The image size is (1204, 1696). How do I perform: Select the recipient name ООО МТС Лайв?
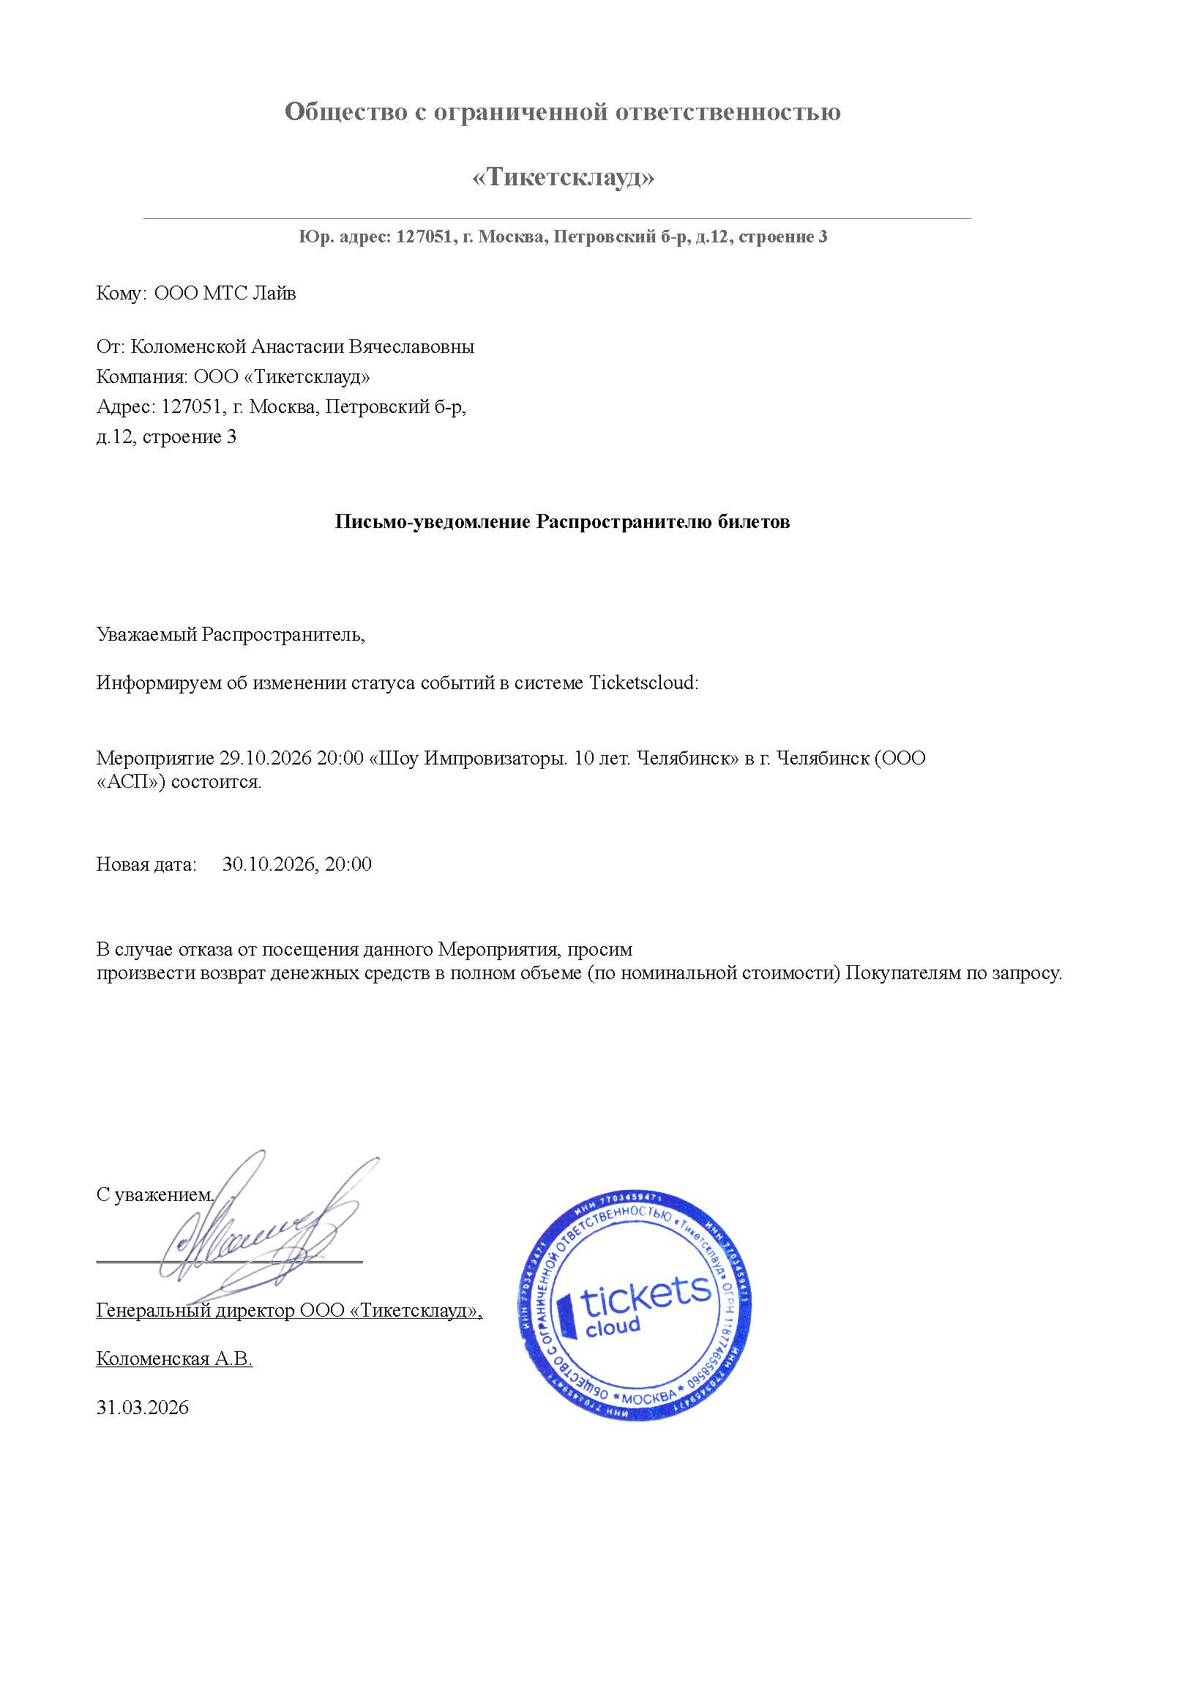point(225,294)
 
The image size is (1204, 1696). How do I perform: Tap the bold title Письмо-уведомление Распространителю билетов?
point(562,522)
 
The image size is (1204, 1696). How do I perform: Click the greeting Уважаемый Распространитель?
point(231,634)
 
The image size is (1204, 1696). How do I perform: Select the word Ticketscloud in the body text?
point(643,683)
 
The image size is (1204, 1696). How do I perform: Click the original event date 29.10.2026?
point(265,758)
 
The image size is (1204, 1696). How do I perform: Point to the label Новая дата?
point(146,864)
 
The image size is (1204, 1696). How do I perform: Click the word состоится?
point(217,781)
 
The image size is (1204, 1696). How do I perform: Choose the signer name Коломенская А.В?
point(174,1358)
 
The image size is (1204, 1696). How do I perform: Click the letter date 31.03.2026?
point(142,1407)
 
